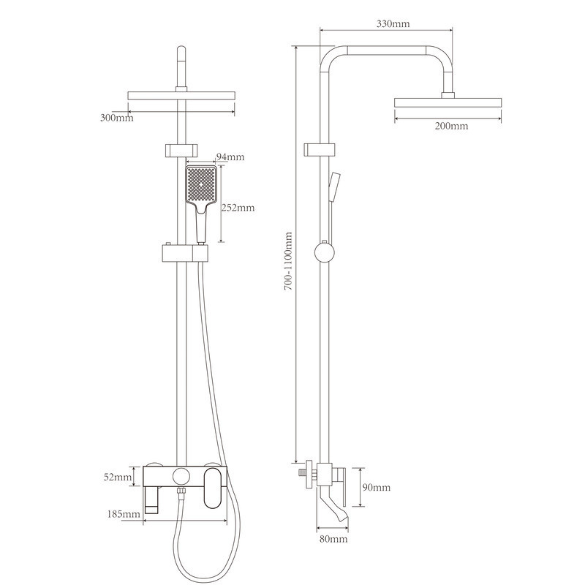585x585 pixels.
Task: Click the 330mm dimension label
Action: pyautogui.click(x=393, y=24)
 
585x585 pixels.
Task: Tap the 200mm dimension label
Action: pyautogui.click(x=451, y=126)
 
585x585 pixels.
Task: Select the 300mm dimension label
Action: pyautogui.click(x=116, y=118)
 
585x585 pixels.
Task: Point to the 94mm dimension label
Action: pyautogui.click(x=230, y=156)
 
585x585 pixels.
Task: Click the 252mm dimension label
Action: pyautogui.click(x=238, y=208)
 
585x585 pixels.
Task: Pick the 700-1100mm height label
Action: pyautogui.click(x=288, y=261)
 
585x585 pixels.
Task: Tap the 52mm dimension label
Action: pyautogui.click(x=118, y=477)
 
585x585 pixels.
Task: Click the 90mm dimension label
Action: pyautogui.click(x=377, y=487)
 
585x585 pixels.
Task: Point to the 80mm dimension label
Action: pyautogui.click(x=333, y=539)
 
